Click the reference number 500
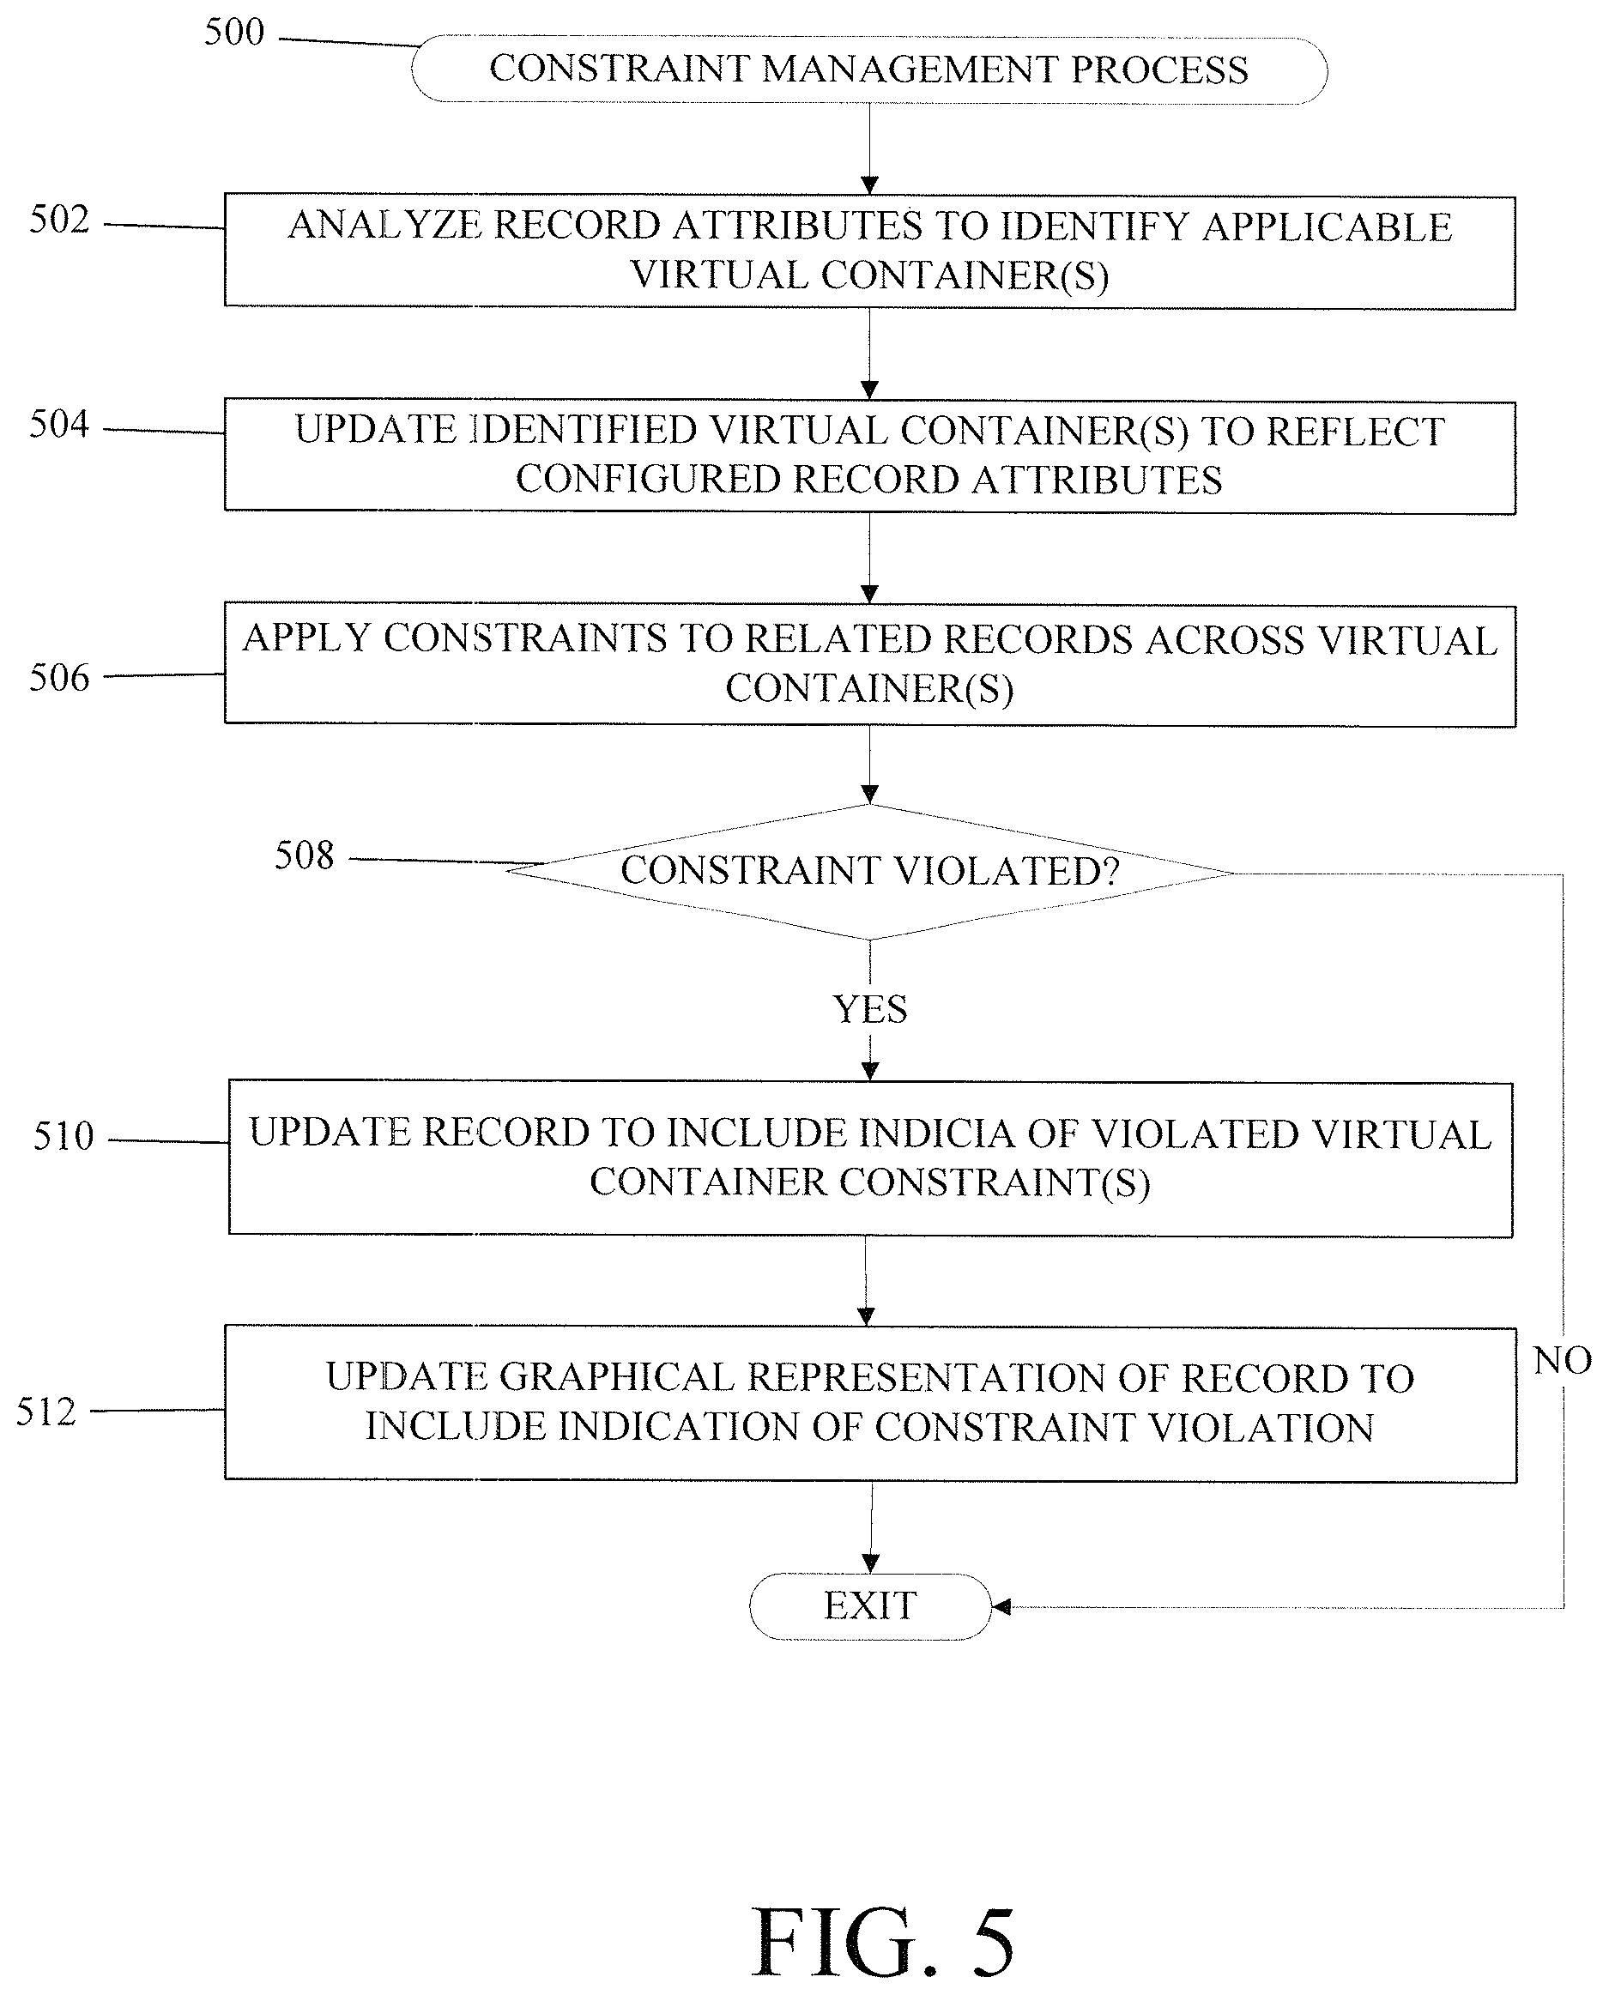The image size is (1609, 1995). pos(233,33)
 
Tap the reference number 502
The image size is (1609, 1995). pos(59,220)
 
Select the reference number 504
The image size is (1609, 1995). pos(59,425)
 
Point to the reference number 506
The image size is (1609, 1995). pos(59,678)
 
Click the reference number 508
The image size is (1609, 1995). pos(304,855)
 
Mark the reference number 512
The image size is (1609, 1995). pos(45,1412)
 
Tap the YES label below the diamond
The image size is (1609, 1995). pos(870,1009)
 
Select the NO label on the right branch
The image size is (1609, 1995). pos(1563,1360)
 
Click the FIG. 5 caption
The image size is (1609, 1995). pos(883,1942)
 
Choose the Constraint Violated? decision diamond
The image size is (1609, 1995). pos(869,872)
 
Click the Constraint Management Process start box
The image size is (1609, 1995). pos(869,70)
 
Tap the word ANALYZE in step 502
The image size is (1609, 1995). pos(385,225)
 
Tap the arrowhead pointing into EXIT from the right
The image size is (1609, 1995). pos(1001,1607)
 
